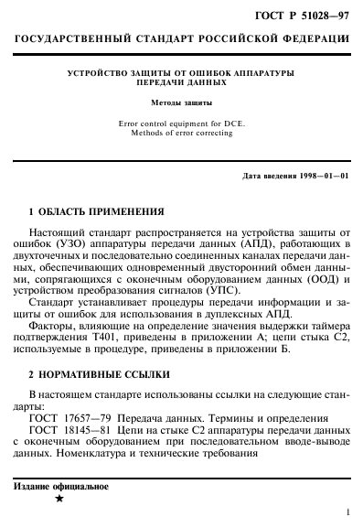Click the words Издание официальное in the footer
point(59,486)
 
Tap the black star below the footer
point(59,500)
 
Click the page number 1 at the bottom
point(348,514)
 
